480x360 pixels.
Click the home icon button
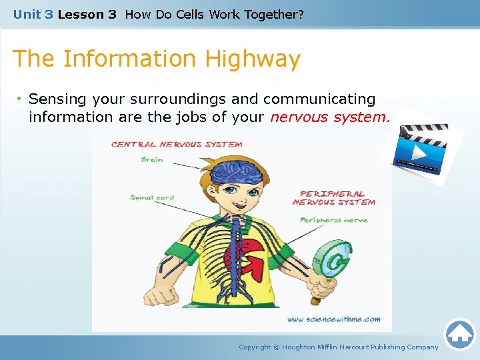coord(459,335)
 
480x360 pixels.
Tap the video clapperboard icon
coord(419,145)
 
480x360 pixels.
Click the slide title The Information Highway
coord(157,59)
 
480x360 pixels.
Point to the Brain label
coord(152,160)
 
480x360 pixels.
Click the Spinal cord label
coord(152,197)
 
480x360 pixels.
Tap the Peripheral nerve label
coord(333,220)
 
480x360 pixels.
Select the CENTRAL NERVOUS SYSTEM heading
coord(177,144)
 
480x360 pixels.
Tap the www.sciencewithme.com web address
coord(333,319)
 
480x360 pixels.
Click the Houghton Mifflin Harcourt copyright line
coord(339,347)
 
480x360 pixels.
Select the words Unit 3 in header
coord(33,14)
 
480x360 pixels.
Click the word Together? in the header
coord(273,14)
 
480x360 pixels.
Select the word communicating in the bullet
coord(319,99)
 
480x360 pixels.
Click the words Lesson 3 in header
coord(87,14)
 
